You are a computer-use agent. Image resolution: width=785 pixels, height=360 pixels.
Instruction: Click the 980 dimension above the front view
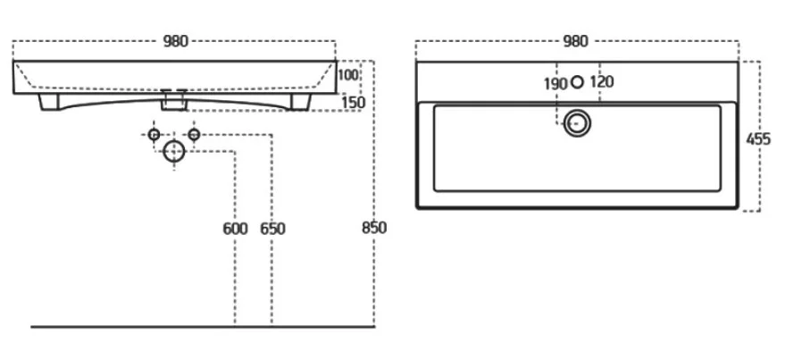(175, 41)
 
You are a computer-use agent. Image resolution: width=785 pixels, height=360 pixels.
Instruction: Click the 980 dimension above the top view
(576, 41)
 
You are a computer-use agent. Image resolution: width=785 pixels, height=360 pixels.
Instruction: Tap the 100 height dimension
(348, 74)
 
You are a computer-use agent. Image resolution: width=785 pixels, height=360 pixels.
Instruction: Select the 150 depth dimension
(354, 103)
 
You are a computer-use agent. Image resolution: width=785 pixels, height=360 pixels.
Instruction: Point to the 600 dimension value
(234, 229)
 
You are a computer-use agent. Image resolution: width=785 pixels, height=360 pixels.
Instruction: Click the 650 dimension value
(272, 229)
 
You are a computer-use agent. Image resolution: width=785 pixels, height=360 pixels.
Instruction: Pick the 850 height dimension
(374, 228)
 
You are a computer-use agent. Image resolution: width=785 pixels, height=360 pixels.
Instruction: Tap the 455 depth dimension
(759, 138)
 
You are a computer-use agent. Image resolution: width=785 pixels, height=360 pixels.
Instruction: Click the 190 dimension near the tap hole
(555, 82)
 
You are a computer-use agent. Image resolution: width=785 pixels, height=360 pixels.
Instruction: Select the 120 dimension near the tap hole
(602, 82)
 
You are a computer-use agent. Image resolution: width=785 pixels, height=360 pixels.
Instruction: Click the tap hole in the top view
(578, 82)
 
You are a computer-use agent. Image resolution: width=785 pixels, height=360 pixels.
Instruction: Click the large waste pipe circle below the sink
(173, 153)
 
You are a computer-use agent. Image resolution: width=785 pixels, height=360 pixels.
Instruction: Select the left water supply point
(154, 134)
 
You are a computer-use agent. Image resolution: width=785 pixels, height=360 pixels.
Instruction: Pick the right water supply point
(193, 134)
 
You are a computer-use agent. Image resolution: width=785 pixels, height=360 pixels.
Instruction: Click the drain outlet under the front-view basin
(174, 101)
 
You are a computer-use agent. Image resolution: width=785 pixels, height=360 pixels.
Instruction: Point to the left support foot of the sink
(49, 103)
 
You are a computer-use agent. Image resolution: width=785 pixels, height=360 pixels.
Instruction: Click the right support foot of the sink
(300, 104)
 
